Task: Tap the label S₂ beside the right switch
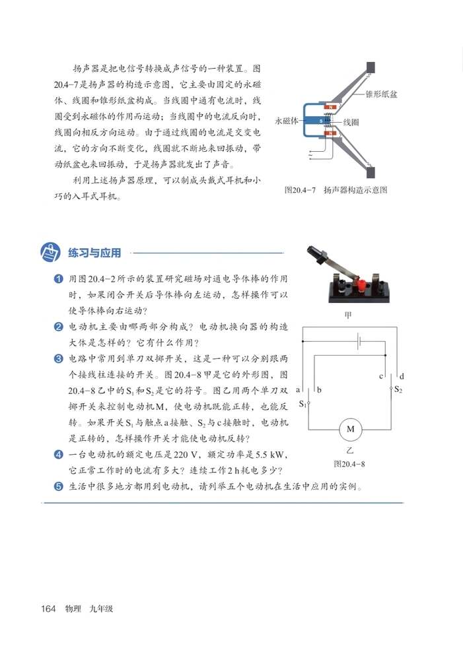(x=398, y=389)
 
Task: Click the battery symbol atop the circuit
(x=357, y=342)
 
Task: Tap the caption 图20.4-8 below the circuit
(x=350, y=464)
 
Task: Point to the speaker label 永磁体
(x=287, y=121)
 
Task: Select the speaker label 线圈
(x=351, y=123)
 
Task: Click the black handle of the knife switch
(x=316, y=254)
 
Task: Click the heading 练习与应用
(x=89, y=253)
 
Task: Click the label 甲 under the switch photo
(x=349, y=315)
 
